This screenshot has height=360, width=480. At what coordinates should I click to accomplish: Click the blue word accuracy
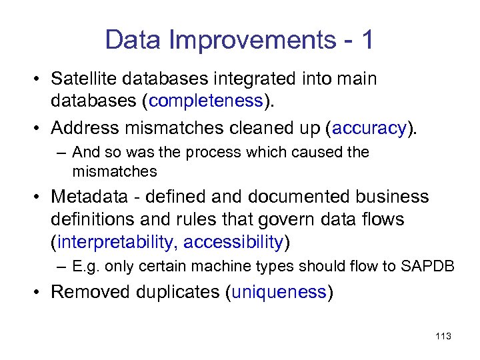[x=369, y=127]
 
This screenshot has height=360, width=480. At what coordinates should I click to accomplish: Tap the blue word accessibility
[x=233, y=241]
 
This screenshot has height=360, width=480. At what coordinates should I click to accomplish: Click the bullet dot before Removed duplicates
[x=41, y=293]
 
